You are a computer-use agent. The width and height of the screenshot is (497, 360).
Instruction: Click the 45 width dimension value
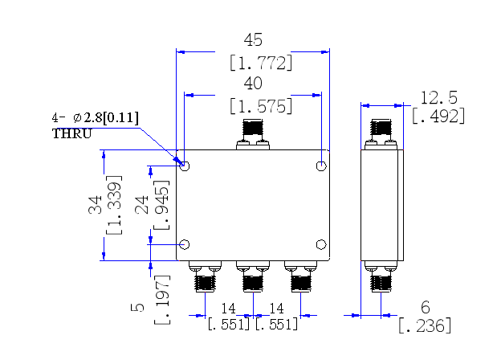coord(253,40)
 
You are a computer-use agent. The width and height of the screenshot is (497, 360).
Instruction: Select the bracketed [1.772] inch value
coord(261,63)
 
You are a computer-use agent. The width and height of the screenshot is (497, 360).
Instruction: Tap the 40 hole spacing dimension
coord(253,83)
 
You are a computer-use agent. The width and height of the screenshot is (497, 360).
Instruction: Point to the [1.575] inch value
coord(261,106)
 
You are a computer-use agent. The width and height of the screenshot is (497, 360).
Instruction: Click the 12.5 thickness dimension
coord(438,98)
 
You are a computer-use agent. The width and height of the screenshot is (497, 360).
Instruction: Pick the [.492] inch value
coord(438,116)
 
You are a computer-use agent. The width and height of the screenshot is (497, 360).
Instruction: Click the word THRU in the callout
coord(71,133)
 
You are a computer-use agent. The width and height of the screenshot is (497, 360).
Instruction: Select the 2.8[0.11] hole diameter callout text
coord(111,117)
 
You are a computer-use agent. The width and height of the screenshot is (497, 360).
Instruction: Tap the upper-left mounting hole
coord(185,166)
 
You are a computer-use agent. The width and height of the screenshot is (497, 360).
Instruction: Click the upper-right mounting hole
coord(321,166)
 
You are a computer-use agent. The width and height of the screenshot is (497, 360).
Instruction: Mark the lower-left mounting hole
coord(185,244)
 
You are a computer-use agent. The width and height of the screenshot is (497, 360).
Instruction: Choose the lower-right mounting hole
coord(321,244)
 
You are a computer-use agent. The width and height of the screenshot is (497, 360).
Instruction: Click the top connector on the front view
coord(253,134)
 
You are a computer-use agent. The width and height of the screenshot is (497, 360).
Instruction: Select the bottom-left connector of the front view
coord(205,276)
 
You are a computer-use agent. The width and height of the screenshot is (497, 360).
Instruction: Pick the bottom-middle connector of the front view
coord(253,276)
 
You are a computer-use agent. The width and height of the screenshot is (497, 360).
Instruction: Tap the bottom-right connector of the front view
coord(301,276)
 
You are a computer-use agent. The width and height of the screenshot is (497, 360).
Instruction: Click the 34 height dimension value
coord(95,205)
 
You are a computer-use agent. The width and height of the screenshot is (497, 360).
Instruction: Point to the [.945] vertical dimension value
coord(161,205)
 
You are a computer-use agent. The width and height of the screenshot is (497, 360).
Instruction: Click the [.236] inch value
coord(425,325)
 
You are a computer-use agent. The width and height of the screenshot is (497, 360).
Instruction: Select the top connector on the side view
coord(381,134)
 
